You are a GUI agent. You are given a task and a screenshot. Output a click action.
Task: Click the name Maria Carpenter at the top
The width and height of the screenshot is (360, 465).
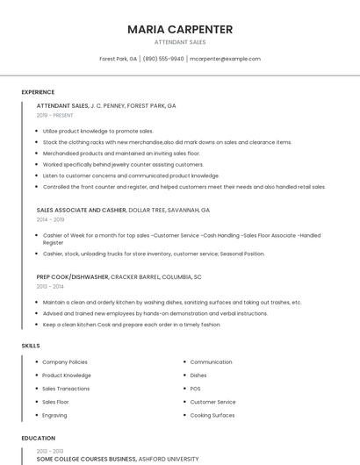click(x=180, y=29)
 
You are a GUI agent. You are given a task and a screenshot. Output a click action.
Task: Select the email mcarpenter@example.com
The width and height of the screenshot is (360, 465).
click(x=226, y=59)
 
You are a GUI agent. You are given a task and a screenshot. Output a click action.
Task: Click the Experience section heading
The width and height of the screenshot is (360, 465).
click(x=38, y=92)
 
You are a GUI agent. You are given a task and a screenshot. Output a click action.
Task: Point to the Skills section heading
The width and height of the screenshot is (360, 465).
click(x=31, y=346)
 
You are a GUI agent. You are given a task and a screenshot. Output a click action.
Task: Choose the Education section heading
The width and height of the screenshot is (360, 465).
click(x=39, y=438)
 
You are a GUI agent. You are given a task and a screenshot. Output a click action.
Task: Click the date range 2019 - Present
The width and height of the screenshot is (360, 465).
click(x=55, y=115)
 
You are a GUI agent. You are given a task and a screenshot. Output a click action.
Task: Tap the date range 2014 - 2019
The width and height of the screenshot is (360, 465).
click(x=50, y=220)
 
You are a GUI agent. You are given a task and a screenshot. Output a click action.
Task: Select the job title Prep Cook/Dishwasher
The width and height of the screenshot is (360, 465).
click(x=72, y=276)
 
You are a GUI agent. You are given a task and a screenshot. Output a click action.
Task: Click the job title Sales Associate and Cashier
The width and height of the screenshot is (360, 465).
click(x=82, y=211)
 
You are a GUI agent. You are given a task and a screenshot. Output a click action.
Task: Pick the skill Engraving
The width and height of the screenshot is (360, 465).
click(x=54, y=415)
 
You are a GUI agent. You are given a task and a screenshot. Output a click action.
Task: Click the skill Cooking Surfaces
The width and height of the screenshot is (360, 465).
click(x=212, y=415)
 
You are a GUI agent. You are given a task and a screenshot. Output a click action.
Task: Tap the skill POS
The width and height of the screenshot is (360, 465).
click(x=195, y=389)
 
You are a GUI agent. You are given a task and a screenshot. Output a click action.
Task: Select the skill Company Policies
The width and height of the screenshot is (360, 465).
click(x=65, y=361)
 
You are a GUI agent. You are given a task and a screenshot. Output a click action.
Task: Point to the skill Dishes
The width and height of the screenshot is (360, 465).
click(x=198, y=376)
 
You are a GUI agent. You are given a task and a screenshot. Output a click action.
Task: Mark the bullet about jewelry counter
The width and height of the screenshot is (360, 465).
click(x=123, y=164)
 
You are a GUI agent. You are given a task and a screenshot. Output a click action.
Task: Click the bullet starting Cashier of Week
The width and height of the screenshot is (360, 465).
click(x=176, y=235)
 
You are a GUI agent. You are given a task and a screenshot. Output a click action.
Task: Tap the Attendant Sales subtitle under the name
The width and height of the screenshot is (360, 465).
click(x=180, y=42)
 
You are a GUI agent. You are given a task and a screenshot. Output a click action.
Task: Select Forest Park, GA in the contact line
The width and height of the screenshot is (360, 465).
click(x=119, y=59)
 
